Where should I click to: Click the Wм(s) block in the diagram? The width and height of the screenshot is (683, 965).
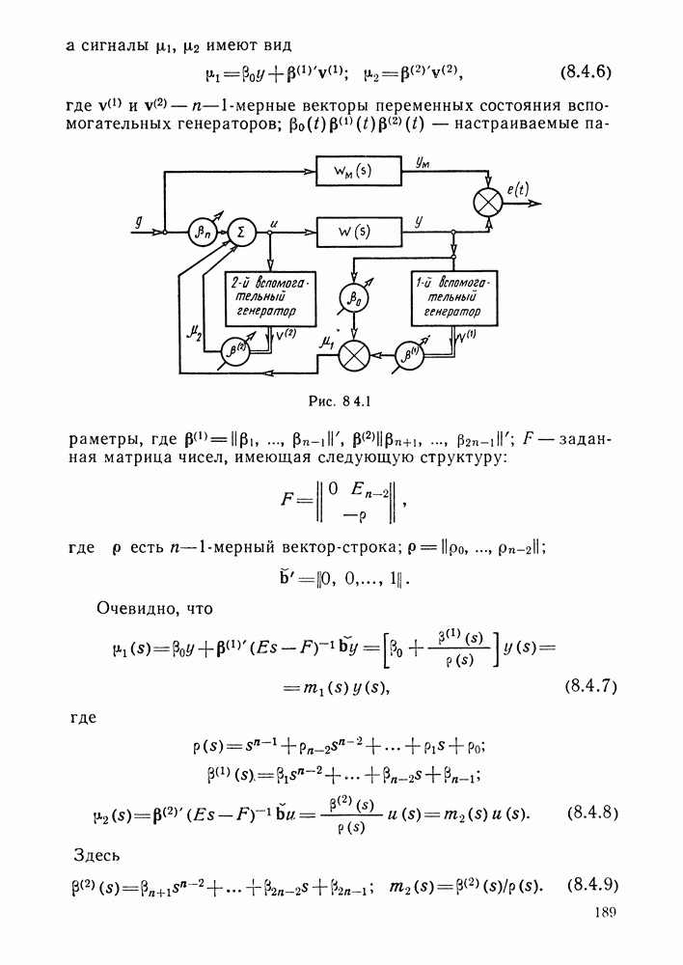(x=359, y=171)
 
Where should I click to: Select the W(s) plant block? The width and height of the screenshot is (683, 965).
(x=359, y=232)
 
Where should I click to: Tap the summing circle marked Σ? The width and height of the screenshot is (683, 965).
(x=240, y=233)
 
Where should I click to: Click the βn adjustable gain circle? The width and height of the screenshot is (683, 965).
(x=202, y=233)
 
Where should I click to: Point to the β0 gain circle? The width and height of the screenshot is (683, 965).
(x=353, y=298)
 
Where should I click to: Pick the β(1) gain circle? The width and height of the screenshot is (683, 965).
(x=407, y=355)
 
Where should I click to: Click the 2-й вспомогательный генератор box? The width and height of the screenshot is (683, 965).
(x=271, y=298)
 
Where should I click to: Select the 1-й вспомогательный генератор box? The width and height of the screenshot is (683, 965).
(x=454, y=298)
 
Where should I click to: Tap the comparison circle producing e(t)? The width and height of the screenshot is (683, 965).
(x=489, y=203)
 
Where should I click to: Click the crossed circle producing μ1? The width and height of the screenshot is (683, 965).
(x=354, y=356)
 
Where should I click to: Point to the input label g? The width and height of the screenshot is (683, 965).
(x=139, y=221)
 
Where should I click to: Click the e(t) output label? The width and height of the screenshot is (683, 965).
(x=518, y=189)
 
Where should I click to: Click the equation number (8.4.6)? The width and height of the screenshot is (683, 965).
(x=586, y=72)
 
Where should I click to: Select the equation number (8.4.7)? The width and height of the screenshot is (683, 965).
(x=590, y=686)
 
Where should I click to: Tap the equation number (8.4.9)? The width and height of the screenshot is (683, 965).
(x=592, y=886)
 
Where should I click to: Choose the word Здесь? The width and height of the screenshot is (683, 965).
(x=96, y=855)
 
